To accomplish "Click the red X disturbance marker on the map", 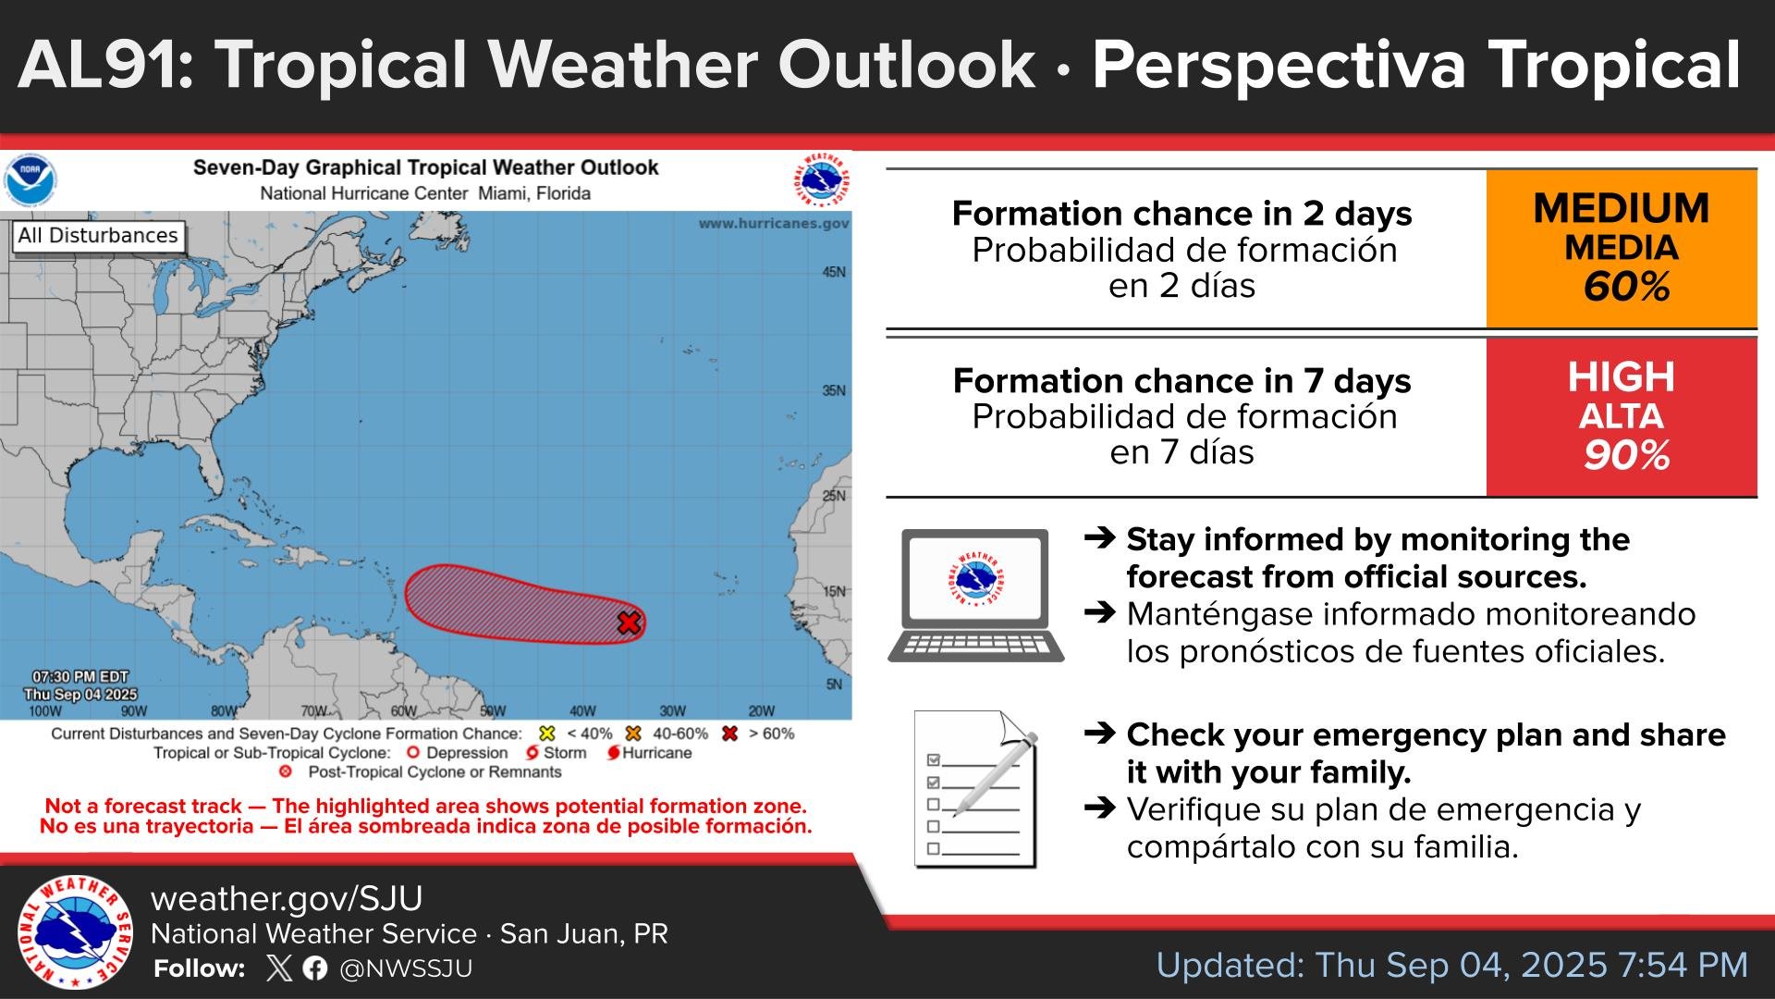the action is click(x=629, y=623).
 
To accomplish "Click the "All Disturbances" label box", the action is click(x=98, y=236).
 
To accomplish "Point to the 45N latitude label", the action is click(x=834, y=272).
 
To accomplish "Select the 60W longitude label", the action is click(x=403, y=711).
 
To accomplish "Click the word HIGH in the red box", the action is click(x=1622, y=377).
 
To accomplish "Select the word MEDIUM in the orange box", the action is click(x=1622, y=209).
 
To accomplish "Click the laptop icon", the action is click(x=975, y=596).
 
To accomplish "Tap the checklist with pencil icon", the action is click(x=976, y=789).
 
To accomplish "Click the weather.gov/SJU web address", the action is click(x=287, y=899).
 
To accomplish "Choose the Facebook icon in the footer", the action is click(x=314, y=968).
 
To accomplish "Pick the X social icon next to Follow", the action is click(x=278, y=968).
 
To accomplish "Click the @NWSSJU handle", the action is click(x=406, y=968).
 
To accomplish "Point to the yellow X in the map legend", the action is click(x=547, y=734).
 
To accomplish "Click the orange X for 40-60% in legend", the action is click(x=633, y=734).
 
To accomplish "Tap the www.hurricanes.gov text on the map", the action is click(x=773, y=224).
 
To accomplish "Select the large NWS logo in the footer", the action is click(x=75, y=932).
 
